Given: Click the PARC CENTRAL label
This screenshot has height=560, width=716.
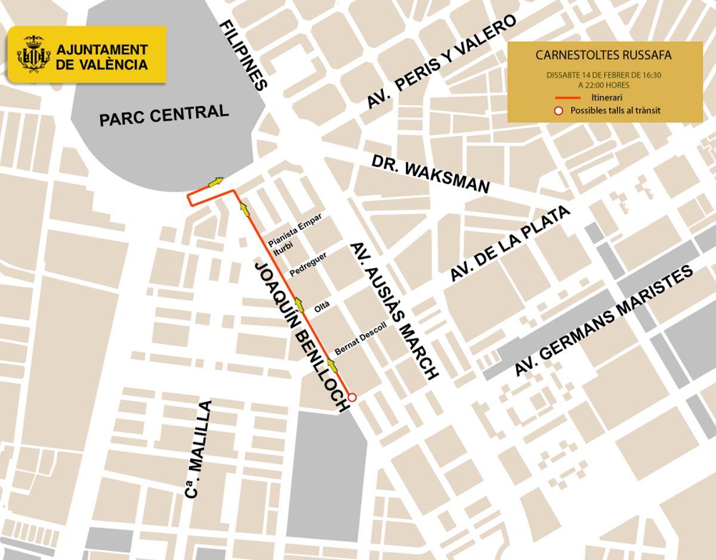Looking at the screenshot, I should [163, 115].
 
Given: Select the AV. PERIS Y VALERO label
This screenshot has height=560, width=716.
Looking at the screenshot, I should [441, 63].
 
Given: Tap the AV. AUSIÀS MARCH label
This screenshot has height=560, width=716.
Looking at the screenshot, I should [394, 311].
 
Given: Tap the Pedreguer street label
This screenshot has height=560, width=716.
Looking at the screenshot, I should [308, 264].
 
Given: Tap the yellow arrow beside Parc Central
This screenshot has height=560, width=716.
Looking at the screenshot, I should [215, 181].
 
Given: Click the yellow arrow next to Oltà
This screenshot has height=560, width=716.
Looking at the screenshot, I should [299, 303].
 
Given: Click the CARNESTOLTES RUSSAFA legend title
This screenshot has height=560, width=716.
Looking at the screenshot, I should [603, 56].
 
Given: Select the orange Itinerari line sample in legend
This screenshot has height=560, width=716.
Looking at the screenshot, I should [568, 97].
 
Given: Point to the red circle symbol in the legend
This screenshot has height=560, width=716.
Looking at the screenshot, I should [558, 110].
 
